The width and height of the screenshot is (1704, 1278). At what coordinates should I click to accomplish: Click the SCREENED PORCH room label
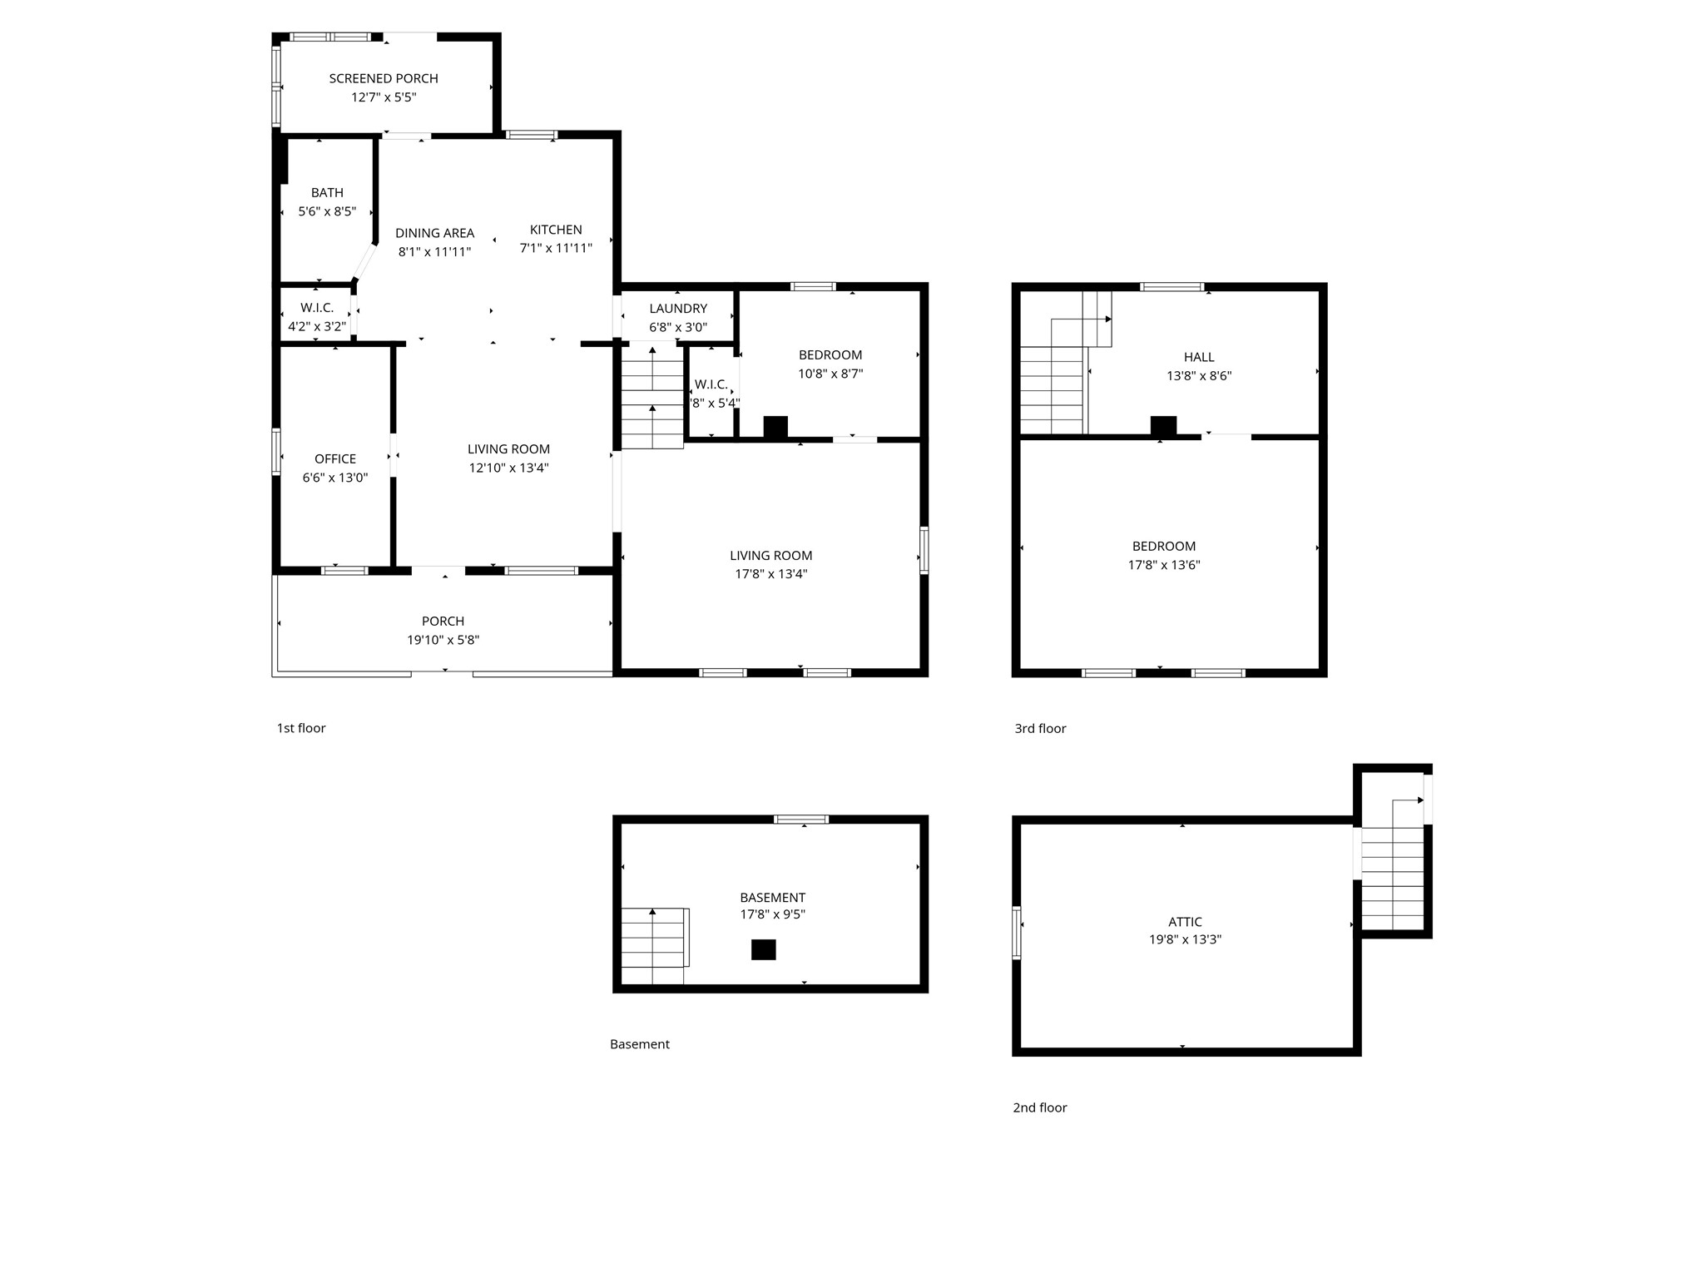(x=384, y=78)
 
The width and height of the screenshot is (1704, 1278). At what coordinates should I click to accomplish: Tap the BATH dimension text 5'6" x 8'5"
(x=327, y=211)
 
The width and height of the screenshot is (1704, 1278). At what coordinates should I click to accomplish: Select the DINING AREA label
(x=434, y=233)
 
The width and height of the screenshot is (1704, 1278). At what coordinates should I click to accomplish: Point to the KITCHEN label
(x=556, y=230)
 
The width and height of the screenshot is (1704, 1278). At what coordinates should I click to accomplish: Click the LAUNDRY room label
(x=678, y=309)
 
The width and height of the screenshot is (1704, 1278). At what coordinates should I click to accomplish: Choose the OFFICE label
(x=335, y=459)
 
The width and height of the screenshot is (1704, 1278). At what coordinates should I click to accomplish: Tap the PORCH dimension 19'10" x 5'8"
(x=443, y=640)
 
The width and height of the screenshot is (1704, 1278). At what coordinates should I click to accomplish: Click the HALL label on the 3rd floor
(x=1199, y=357)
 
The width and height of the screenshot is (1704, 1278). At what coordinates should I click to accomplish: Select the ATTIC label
(x=1185, y=922)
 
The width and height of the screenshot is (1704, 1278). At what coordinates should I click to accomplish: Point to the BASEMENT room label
(x=772, y=898)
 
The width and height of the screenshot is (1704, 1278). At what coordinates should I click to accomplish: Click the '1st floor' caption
(x=301, y=728)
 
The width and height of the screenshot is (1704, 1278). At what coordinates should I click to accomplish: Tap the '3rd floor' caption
(x=1040, y=729)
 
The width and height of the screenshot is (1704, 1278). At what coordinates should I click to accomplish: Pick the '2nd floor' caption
(x=1040, y=1107)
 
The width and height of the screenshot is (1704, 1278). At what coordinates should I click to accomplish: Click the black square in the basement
(x=764, y=949)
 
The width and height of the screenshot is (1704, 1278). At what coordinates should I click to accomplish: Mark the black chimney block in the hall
(x=1163, y=426)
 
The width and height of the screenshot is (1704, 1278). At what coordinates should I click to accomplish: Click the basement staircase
(x=655, y=946)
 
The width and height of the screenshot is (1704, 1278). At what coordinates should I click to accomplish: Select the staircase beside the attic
(x=1394, y=865)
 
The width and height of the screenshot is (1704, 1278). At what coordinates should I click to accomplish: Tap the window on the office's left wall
(x=276, y=451)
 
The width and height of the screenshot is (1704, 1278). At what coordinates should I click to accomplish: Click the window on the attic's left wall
(x=1016, y=933)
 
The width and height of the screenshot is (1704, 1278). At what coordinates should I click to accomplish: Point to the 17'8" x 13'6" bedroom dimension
(x=1164, y=565)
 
